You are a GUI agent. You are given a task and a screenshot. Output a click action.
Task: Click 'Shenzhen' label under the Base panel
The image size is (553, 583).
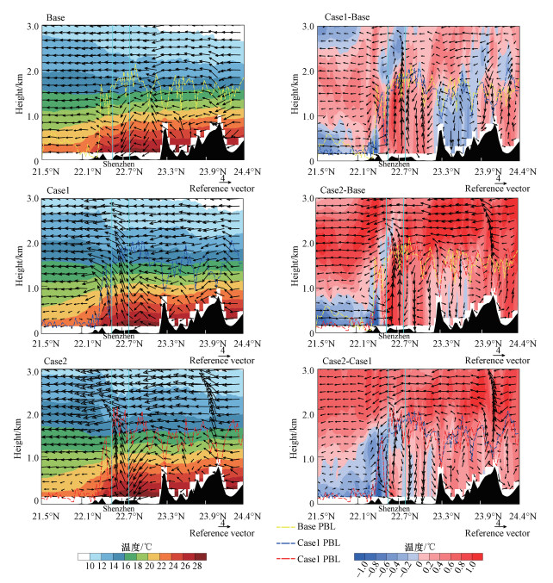[117, 164]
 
